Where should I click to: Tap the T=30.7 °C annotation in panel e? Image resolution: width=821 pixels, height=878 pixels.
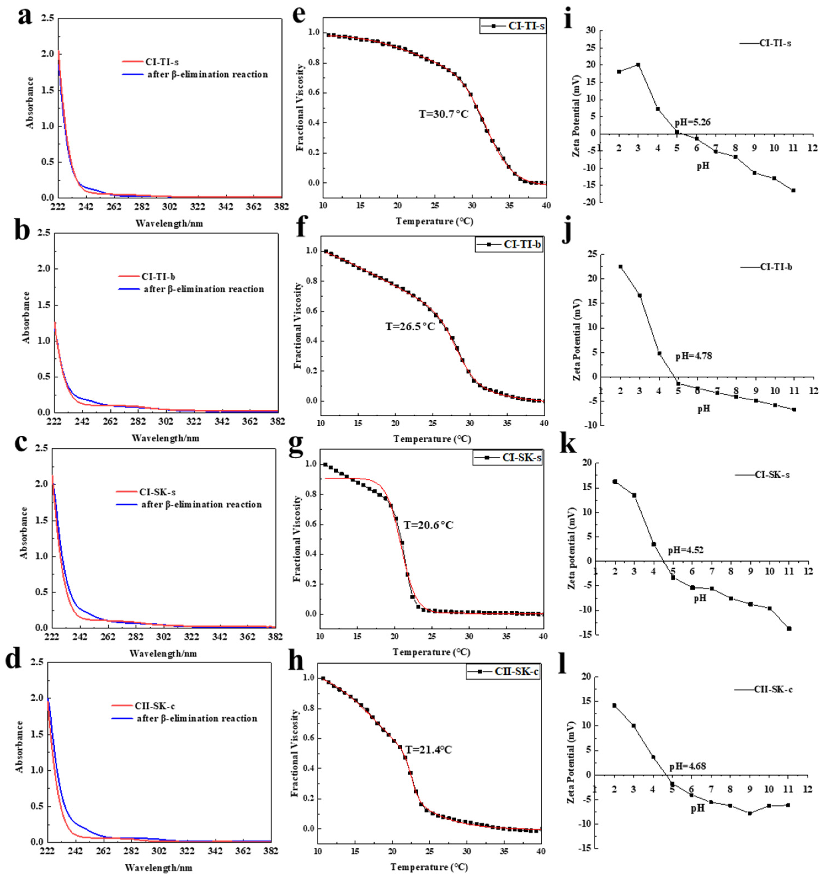tap(443, 114)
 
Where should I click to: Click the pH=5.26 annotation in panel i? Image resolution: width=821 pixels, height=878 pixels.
tap(692, 122)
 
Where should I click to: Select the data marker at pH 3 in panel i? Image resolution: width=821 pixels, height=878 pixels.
tap(638, 65)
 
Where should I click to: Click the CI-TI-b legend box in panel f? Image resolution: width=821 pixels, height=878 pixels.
tap(509, 244)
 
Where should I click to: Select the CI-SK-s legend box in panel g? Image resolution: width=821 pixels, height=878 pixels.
tap(507, 457)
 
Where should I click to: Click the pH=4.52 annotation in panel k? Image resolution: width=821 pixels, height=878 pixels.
tap(686, 550)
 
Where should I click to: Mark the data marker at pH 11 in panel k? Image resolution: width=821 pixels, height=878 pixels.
tap(789, 629)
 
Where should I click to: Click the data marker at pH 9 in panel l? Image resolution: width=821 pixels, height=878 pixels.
tap(750, 813)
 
